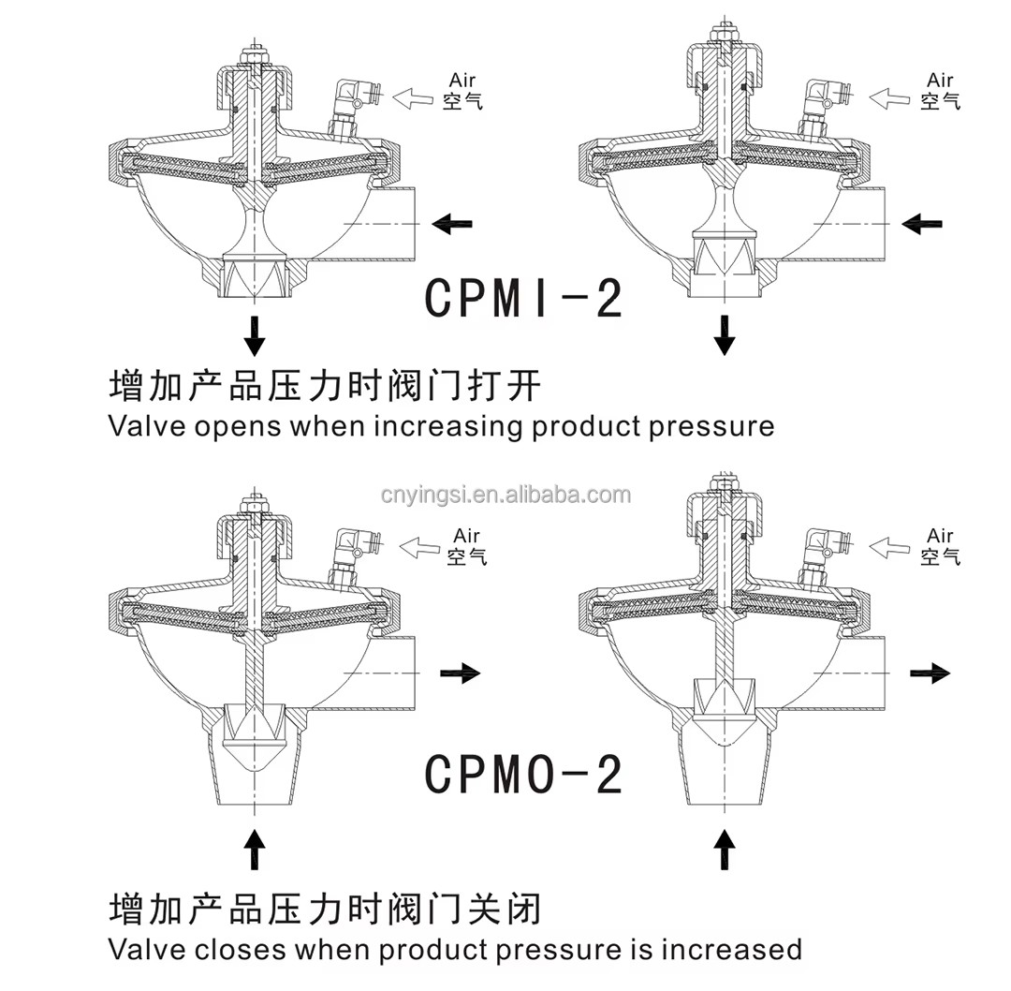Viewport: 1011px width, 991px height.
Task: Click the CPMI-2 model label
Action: (x=523, y=299)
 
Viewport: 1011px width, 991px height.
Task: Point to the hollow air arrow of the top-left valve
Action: (x=414, y=96)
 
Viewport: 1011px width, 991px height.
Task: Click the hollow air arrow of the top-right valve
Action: (x=889, y=96)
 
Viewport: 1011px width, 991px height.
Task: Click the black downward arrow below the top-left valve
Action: (x=254, y=333)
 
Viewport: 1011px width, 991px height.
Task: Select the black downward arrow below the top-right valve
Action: (x=724, y=334)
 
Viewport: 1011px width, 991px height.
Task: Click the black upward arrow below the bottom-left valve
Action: (x=255, y=850)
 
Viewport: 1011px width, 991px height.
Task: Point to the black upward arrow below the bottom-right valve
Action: (x=724, y=850)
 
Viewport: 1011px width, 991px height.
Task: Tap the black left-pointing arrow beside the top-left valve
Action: (x=453, y=224)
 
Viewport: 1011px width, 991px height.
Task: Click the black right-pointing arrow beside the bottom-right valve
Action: (x=930, y=673)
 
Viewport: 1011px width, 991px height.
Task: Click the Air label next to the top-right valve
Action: (x=940, y=80)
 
